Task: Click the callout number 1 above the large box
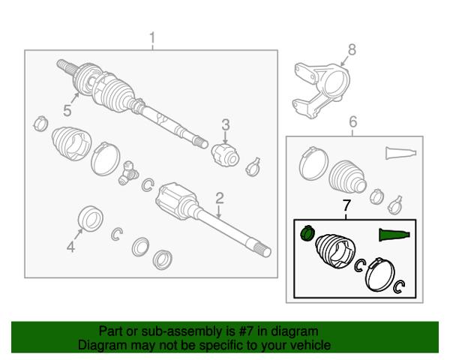pyautogui.click(x=152, y=37)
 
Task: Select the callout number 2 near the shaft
pyautogui.click(x=220, y=198)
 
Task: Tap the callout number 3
pyautogui.click(x=226, y=125)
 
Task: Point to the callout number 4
pyautogui.click(x=71, y=247)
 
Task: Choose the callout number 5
pyautogui.click(x=67, y=110)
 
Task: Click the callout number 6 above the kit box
pyautogui.click(x=353, y=121)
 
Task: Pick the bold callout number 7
pyautogui.click(x=346, y=205)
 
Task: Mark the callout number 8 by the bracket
pyautogui.click(x=352, y=49)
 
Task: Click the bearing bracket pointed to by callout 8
pyautogui.click(x=321, y=90)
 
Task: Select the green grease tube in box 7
pyautogui.click(x=394, y=235)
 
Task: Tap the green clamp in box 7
pyautogui.click(x=307, y=232)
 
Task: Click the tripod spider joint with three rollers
pyautogui.click(x=127, y=172)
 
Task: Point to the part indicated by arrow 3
pyautogui.click(x=226, y=154)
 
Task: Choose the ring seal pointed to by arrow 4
pyautogui.click(x=91, y=218)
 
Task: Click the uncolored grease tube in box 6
pyautogui.click(x=400, y=153)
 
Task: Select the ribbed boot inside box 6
pyautogui.click(x=348, y=175)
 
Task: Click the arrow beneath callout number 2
pyautogui.click(x=219, y=211)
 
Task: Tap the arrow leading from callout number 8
pyautogui.click(x=343, y=61)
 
